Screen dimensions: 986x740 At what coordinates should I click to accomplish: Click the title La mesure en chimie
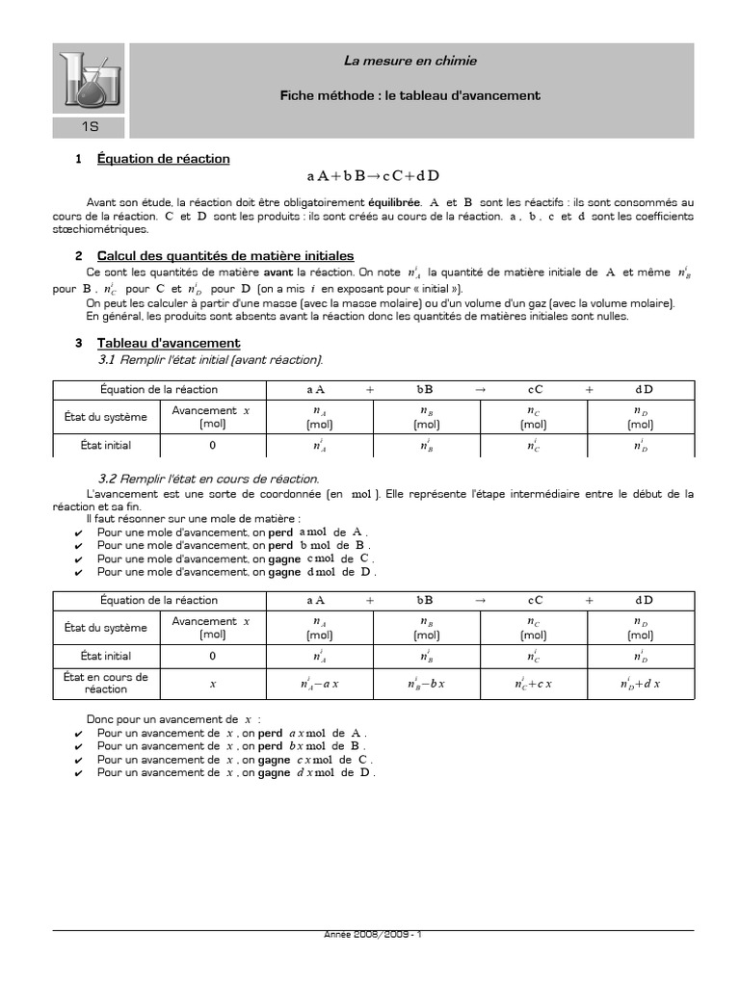pyautogui.click(x=410, y=62)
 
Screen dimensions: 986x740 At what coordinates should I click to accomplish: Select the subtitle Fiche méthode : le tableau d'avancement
pyautogui.click(x=410, y=95)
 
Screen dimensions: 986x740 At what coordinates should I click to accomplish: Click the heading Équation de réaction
pyautogui.click(x=163, y=159)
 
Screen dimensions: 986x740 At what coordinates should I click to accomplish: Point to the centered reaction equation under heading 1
pyautogui.click(x=373, y=176)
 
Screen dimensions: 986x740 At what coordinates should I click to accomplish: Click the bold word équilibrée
pyautogui.click(x=393, y=203)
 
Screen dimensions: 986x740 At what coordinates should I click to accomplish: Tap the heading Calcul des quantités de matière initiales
pyautogui.click(x=225, y=255)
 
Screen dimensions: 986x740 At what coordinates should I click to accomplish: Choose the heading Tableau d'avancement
pyautogui.click(x=169, y=343)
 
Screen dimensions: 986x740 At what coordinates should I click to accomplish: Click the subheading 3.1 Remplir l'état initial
pyautogui.click(x=211, y=359)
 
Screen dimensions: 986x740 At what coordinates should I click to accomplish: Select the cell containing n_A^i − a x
pyautogui.click(x=320, y=685)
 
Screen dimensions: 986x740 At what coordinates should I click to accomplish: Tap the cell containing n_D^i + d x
pyautogui.click(x=640, y=685)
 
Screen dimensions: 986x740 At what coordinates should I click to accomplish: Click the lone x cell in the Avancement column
pyautogui.click(x=213, y=685)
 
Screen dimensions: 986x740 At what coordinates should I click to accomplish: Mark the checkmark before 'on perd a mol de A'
pyautogui.click(x=78, y=532)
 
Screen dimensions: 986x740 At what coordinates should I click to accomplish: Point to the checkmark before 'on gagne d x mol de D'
pyautogui.click(x=78, y=773)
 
